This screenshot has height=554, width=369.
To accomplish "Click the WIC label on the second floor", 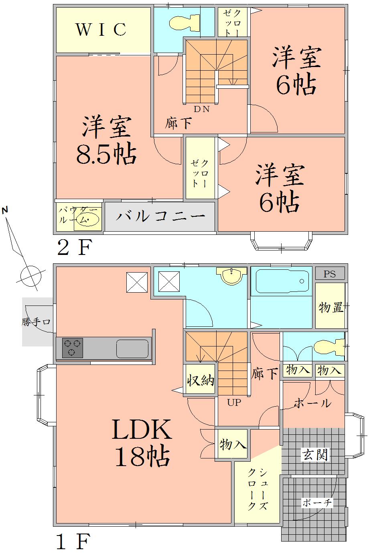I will point(101,29).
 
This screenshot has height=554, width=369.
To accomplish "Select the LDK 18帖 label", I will point(142,443).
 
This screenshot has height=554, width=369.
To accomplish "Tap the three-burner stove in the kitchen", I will point(73,348).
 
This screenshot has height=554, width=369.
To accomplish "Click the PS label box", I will point(330,274).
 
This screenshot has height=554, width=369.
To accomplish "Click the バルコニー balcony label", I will point(160,216).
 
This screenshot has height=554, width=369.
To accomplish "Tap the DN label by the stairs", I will point(202,109).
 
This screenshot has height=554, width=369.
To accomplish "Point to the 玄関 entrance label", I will point(315,454).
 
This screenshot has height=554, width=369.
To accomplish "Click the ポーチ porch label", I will point(316,503).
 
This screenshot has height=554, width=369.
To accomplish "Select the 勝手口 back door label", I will point(36,322).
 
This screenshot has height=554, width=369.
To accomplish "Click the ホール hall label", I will point(313,403).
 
